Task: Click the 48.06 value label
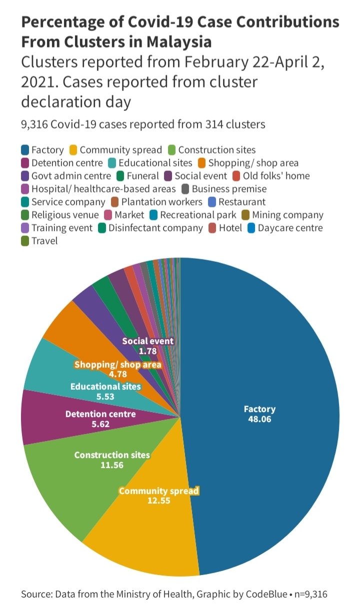tap(259, 419)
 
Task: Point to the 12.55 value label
tap(159, 501)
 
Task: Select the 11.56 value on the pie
tap(112, 465)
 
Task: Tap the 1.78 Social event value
tap(147, 351)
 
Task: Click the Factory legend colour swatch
tap(25, 150)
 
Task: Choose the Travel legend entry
tap(39, 241)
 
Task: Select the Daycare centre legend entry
tap(285, 228)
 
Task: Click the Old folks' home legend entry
tap(271, 176)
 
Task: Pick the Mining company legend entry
tap(282, 215)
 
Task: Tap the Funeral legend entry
tap(137, 176)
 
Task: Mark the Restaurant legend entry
tap(237, 202)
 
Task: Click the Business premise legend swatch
tap(185, 189)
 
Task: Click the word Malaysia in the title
tap(179, 42)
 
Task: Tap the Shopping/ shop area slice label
tap(118, 365)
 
